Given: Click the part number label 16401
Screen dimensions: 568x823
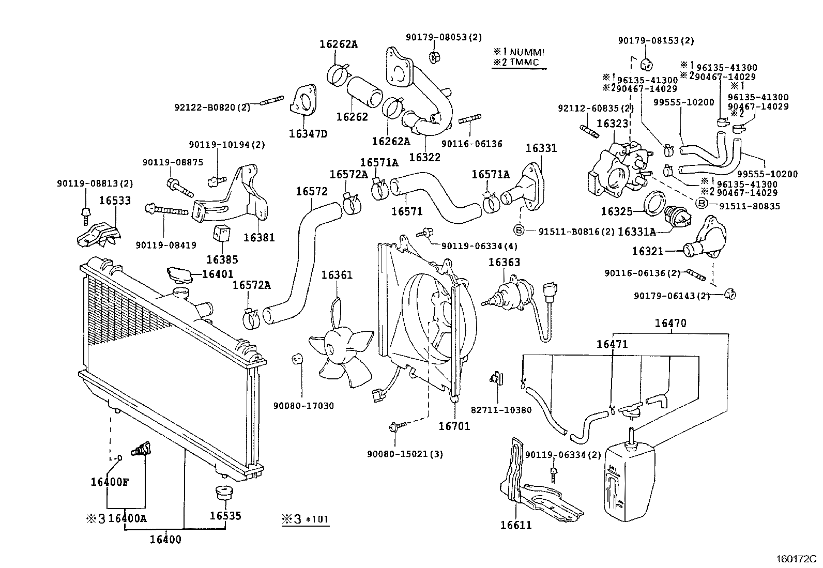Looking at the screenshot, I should (x=217, y=274).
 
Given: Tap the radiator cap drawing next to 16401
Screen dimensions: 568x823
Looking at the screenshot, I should (x=178, y=274).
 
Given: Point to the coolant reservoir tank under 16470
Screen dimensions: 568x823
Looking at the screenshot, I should (x=630, y=481).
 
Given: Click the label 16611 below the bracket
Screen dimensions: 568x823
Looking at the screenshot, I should (x=515, y=526).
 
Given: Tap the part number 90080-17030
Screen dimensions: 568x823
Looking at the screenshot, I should (x=303, y=406).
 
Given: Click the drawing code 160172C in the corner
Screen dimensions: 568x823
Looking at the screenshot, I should (x=795, y=559).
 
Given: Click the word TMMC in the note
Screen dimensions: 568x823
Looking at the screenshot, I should (x=524, y=63).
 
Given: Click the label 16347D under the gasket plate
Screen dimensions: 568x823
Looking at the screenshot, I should (x=309, y=134).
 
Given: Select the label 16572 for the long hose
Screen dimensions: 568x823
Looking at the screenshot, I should (x=311, y=191).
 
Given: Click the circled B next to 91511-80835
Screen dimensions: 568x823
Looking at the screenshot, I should (x=702, y=203).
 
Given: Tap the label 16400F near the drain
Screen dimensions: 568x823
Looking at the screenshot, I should (x=109, y=482).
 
